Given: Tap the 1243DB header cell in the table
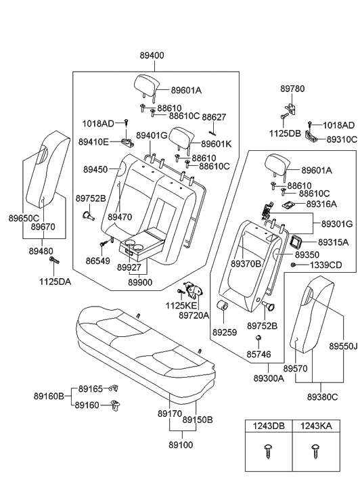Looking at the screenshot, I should click(x=269, y=427).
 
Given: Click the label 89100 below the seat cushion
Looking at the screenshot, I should click(x=181, y=446).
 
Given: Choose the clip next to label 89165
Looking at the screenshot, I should click(x=114, y=388).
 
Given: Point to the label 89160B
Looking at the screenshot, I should click(x=49, y=396).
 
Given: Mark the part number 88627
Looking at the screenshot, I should click(x=214, y=117).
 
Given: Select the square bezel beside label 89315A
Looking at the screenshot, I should click(x=295, y=241).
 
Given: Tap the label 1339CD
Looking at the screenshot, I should click(x=326, y=265).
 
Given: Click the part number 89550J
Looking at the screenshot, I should click(x=342, y=345).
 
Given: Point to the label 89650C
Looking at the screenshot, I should click(x=24, y=219).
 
